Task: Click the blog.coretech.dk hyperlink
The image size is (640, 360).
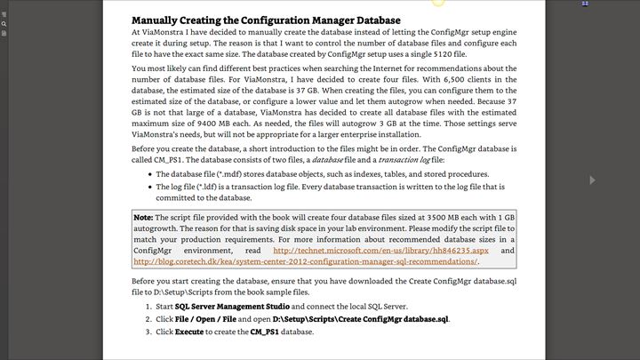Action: click(x=305, y=261)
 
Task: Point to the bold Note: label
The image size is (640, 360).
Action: click(x=143, y=218)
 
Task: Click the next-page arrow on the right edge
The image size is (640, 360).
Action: click(x=593, y=180)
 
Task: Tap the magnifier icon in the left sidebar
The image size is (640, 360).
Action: click(x=4, y=24)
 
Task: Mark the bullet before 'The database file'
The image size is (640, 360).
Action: click(x=148, y=174)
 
